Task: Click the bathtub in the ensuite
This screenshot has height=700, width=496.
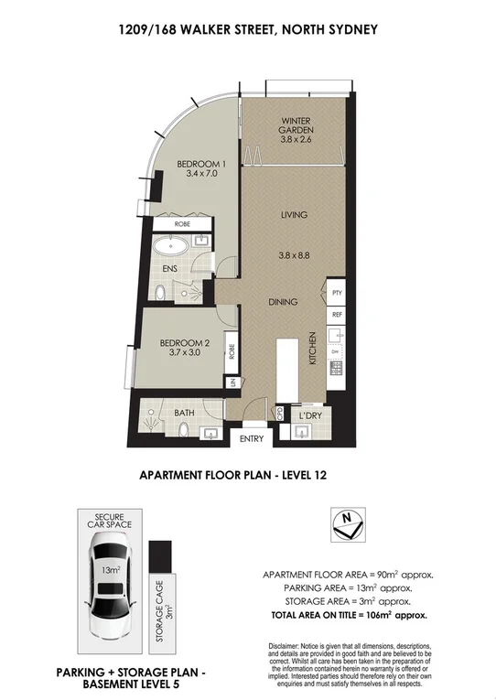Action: point(170,245)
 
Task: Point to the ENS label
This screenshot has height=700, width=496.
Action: point(169,269)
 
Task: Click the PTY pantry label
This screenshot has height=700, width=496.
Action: point(337,293)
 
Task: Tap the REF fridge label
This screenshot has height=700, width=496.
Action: point(337,314)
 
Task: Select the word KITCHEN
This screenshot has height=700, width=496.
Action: point(313,349)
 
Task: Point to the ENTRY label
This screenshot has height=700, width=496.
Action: point(251,439)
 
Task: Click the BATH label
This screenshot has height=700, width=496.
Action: point(184,413)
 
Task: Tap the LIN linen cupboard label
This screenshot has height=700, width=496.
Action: point(233,382)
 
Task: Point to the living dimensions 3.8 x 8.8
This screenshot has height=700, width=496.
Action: point(293,256)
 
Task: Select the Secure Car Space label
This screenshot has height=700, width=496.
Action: point(107,520)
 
